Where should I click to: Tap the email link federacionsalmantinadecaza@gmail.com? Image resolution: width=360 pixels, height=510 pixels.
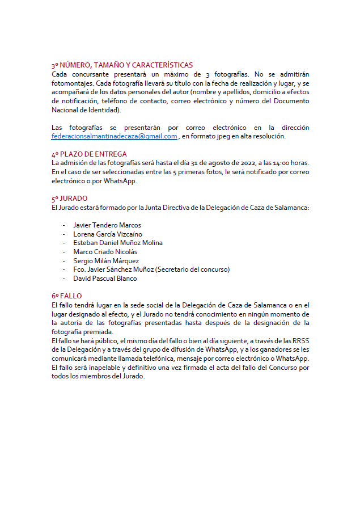114,136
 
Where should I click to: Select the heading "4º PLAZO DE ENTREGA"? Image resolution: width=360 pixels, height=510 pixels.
89,154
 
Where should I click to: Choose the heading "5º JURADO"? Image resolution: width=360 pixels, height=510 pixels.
70,199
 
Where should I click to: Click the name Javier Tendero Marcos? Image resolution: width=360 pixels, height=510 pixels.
107,225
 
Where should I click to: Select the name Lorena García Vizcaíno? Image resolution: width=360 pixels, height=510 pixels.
108,234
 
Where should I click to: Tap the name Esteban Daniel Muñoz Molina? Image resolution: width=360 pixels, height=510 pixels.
118,243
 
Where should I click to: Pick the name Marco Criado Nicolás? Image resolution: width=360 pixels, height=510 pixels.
105,252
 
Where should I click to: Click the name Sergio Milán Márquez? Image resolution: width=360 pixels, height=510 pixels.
106,261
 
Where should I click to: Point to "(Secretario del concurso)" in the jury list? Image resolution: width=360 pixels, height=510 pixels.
192,269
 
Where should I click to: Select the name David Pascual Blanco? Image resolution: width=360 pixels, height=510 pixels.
105,279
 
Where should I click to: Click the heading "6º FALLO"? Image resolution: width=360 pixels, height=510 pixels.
67,296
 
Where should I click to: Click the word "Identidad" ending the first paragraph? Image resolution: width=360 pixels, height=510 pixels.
100,109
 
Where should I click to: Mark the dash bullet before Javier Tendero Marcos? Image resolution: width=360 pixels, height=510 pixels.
64,225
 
